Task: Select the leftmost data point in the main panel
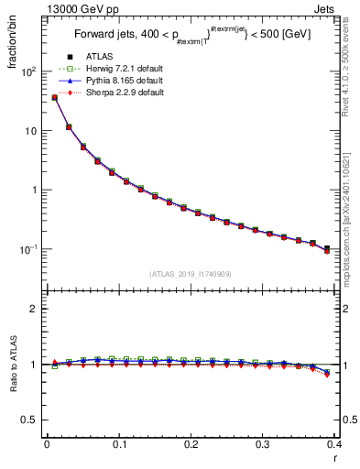click(55, 97)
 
